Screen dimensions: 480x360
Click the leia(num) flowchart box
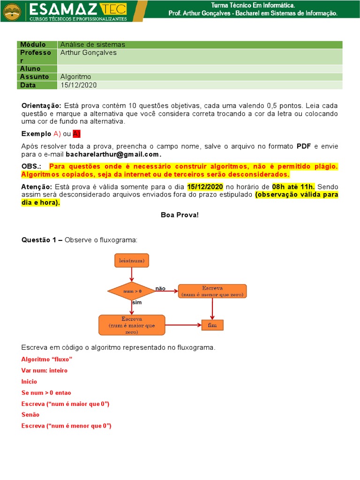[132, 260]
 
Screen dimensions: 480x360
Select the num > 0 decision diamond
[132, 291]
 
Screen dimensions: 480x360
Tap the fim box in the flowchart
[212, 325]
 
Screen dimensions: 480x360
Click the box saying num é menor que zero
[213, 291]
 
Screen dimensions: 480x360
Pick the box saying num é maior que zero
[132, 325]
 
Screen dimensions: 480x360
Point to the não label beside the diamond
[160, 289]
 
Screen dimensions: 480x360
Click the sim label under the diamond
[136, 303]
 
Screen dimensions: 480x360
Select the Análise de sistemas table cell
[93, 45]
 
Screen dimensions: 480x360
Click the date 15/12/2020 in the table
[78, 85]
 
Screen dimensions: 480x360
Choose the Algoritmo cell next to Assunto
[75, 76]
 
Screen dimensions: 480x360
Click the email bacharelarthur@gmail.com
[113, 154]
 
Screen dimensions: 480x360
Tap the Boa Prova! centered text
[180, 215]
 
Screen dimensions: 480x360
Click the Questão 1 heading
[42, 240]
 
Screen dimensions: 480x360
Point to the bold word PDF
[304, 146]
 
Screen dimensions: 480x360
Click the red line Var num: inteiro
[45, 370]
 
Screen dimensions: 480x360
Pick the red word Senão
[30, 414]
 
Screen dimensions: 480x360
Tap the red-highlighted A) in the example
[77, 134]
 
